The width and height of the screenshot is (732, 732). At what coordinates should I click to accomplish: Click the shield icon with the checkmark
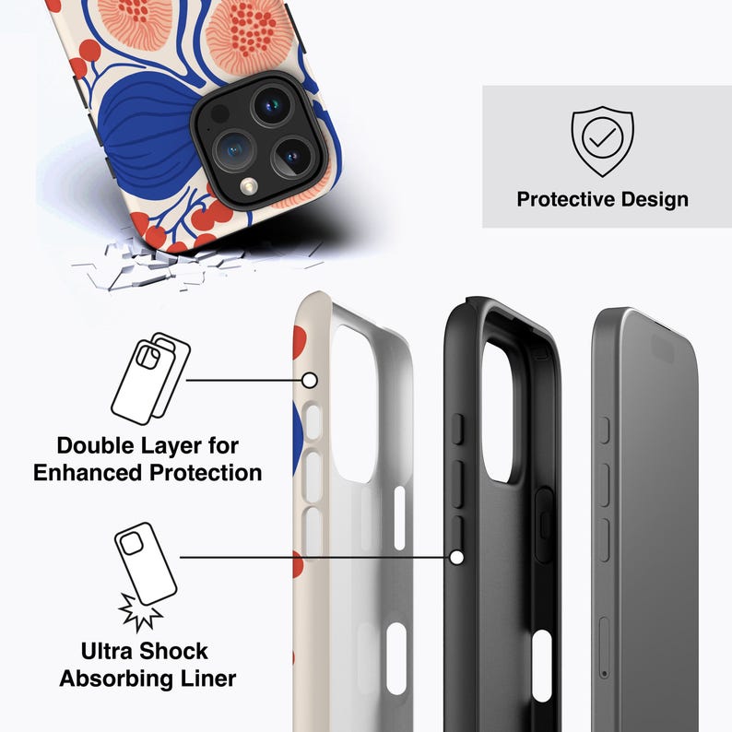pyautogui.click(x=602, y=141)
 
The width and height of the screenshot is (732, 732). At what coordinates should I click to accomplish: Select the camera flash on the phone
pyautogui.click(x=249, y=187)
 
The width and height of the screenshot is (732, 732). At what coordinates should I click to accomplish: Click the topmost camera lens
pyautogui.click(x=272, y=105)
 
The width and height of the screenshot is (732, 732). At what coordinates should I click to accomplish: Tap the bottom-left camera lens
pyautogui.click(x=234, y=150)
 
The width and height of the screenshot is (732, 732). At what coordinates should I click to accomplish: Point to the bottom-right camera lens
pyautogui.click(x=292, y=157)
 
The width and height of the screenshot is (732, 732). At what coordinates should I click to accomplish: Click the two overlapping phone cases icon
pyautogui.click(x=151, y=379)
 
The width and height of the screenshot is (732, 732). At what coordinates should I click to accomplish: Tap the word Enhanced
pyautogui.click(x=89, y=473)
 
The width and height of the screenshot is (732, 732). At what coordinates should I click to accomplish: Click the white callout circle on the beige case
pyautogui.click(x=310, y=381)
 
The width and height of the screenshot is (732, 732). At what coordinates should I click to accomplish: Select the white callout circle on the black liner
pyautogui.click(x=457, y=558)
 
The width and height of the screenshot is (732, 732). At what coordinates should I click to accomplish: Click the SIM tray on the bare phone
pyautogui.click(x=605, y=648)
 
